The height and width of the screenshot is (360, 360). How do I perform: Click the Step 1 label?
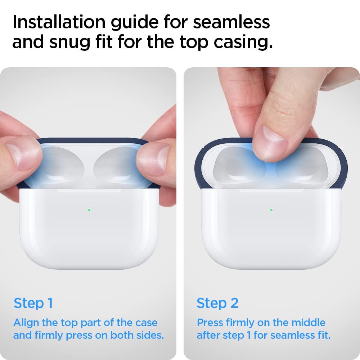point(33,303)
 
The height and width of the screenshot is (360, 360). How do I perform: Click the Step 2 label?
point(217,303)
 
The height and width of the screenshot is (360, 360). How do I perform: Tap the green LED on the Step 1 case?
point(89,210)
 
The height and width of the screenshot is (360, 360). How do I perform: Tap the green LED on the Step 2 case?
point(271,210)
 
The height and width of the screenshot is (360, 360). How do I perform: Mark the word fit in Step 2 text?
point(323,336)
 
